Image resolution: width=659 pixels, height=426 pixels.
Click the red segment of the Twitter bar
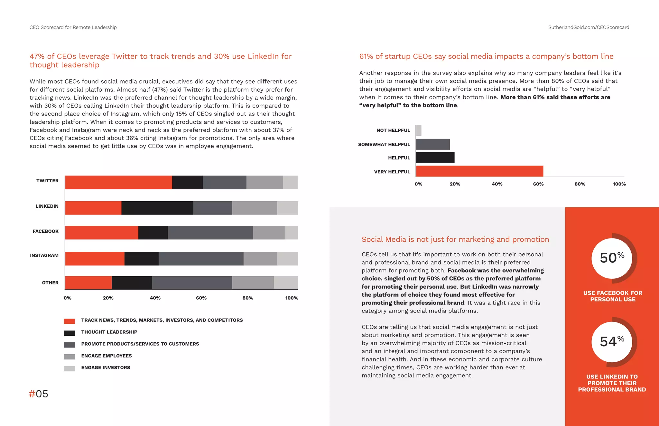[x=118, y=182]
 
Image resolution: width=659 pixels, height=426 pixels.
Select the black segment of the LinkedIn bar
[x=157, y=208]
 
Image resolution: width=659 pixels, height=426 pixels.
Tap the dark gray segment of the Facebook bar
[x=210, y=233]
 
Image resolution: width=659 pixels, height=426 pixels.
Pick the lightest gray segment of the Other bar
[x=286, y=283]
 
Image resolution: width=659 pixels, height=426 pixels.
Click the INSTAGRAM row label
[x=44, y=255]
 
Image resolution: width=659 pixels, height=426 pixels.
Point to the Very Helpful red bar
[x=479, y=171]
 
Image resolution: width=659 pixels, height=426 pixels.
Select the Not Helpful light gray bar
[x=419, y=131]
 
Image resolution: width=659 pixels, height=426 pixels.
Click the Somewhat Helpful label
[x=384, y=144]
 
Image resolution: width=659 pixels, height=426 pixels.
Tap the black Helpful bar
[x=435, y=158]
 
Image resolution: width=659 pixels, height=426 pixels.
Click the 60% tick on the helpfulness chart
[x=538, y=184]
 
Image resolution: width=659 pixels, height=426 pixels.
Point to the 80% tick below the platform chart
[x=247, y=298]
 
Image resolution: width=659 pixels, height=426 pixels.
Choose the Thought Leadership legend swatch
[x=70, y=333]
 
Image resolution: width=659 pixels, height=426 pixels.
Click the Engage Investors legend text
[x=106, y=367]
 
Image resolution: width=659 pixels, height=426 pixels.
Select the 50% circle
[x=612, y=258]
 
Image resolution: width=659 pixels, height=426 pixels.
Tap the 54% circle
[x=612, y=342]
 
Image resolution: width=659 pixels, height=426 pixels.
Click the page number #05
[x=39, y=394]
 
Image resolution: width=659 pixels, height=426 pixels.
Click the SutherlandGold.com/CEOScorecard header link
[x=589, y=27]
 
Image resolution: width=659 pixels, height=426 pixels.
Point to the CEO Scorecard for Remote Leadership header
[x=73, y=27]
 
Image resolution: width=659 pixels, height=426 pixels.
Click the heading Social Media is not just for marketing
[x=455, y=239]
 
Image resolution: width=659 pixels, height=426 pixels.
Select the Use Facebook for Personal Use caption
[x=612, y=296]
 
